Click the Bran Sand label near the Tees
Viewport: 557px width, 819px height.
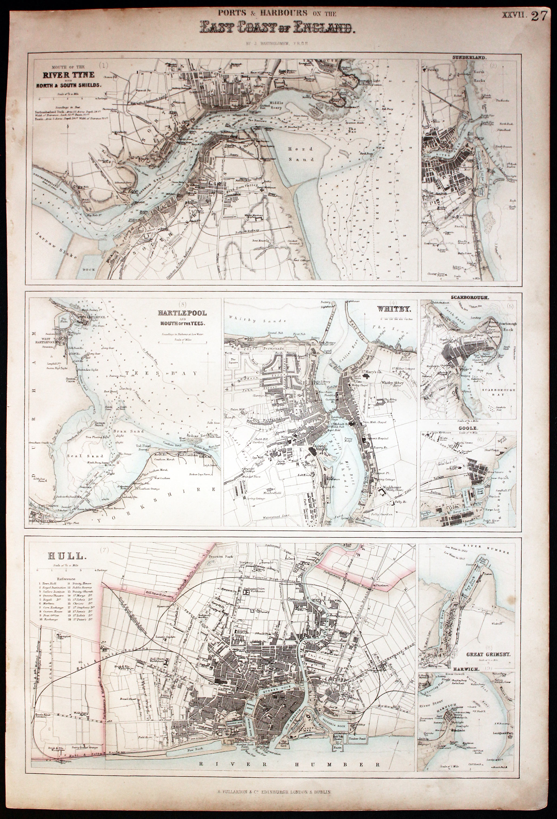(x=124, y=431)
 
